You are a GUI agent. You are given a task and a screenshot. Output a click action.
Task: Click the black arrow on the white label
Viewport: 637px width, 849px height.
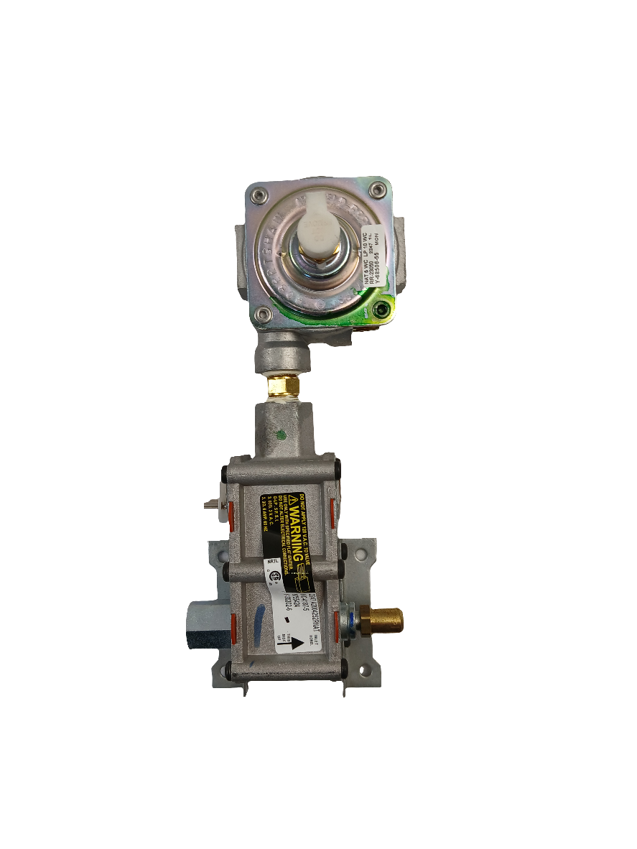292,644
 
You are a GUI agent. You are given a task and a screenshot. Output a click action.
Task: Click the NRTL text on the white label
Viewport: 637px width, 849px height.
272,562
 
